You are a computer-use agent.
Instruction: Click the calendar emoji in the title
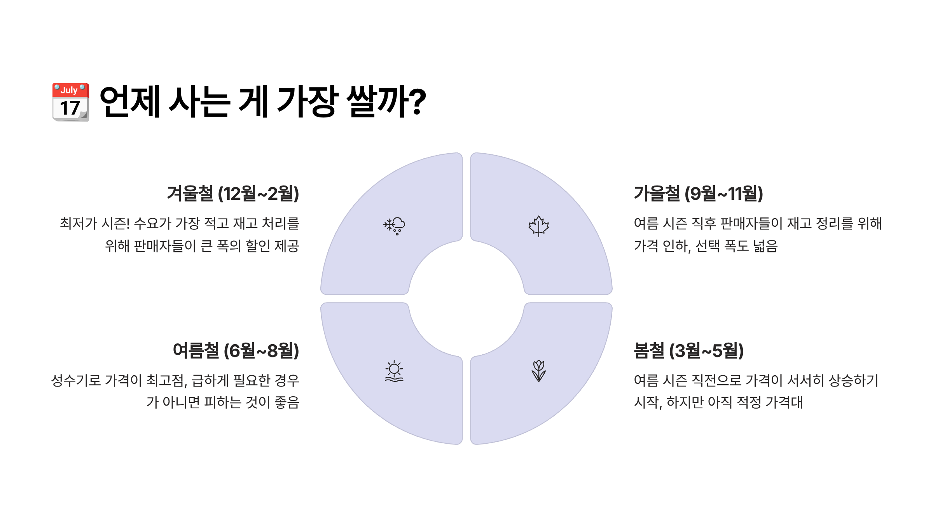click(x=71, y=102)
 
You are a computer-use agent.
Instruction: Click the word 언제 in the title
click(x=130, y=101)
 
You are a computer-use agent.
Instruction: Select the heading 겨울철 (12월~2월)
click(x=233, y=193)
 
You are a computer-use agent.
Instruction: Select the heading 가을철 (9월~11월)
click(x=698, y=193)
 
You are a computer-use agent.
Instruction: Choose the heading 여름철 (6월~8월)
click(x=236, y=350)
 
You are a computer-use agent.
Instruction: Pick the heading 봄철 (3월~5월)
click(x=688, y=350)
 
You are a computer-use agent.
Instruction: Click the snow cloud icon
click(x=394, y=226)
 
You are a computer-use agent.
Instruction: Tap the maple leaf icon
click(x=538, y=226)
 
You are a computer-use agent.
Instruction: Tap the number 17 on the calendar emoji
click(x=70, y=108)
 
